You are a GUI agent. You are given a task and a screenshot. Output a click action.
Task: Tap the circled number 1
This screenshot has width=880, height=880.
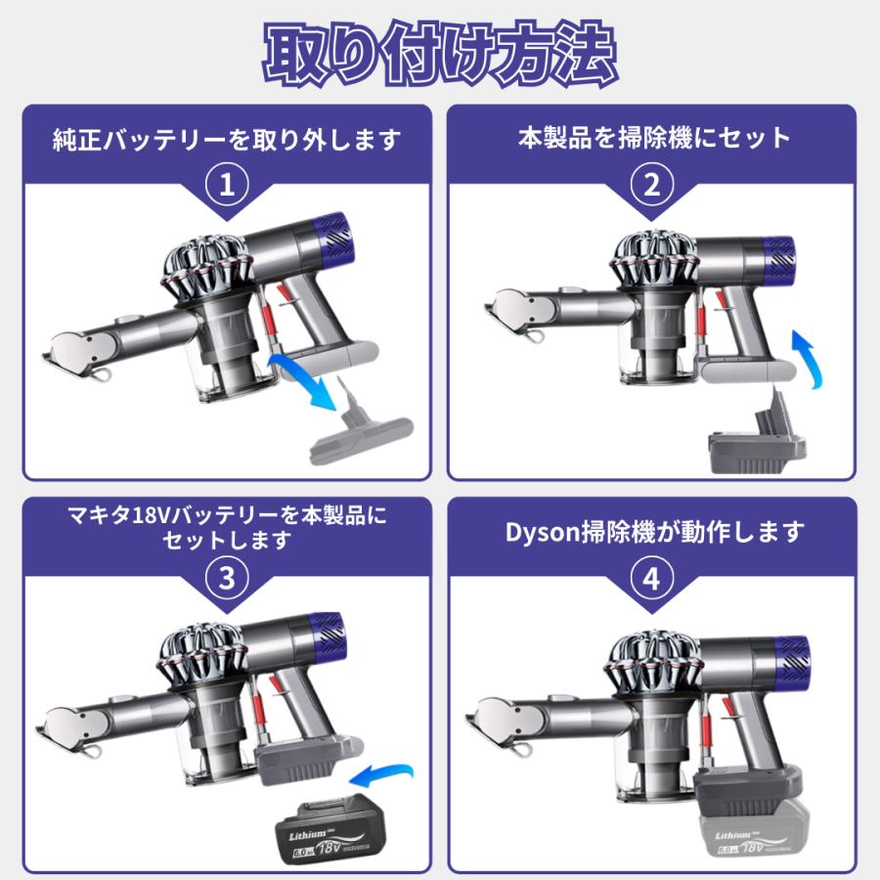[227, 185]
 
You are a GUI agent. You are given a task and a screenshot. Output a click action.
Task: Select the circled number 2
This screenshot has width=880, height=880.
[652, 185]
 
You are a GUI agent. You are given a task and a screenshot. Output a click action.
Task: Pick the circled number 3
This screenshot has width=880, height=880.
[227, 578]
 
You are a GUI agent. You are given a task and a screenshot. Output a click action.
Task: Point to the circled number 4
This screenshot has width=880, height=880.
[652, 578]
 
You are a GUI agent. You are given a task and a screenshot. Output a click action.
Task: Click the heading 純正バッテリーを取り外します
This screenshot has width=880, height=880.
[227, 139]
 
